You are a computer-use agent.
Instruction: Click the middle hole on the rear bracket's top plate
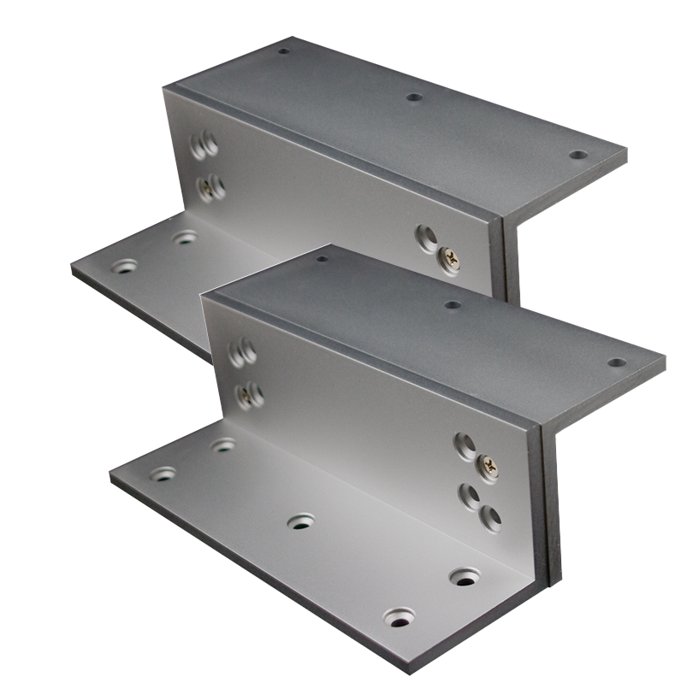point(414,97)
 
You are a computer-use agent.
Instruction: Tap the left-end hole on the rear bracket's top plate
point(283,50)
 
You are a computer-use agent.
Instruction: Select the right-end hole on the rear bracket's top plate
point(578,155)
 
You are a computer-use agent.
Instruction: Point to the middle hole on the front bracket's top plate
point(453,304)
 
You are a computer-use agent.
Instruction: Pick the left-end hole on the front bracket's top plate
point(322,258)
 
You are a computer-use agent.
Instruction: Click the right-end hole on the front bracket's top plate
point(617,362)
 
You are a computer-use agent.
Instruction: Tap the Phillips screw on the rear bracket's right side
point(447,258)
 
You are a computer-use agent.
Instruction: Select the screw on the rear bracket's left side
point(207,189)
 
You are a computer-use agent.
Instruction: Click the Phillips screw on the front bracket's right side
point(488,466)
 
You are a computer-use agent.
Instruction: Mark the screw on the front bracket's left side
point(246,393)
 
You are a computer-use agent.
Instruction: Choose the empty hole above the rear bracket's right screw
point(426,237)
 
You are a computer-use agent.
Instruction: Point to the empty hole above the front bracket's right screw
point(465,444)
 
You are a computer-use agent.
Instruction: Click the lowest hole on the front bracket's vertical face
point(490,515)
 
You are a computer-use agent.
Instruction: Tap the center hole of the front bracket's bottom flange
point(300,521)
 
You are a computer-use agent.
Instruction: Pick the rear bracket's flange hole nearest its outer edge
point(124,266)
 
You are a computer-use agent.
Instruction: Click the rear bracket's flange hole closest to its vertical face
point(184,238)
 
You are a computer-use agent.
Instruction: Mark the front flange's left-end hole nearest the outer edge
point(163,473)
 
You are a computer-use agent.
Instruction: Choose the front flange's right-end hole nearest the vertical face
point(465,577)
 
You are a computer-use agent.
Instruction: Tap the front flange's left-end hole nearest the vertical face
point(223,445)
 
